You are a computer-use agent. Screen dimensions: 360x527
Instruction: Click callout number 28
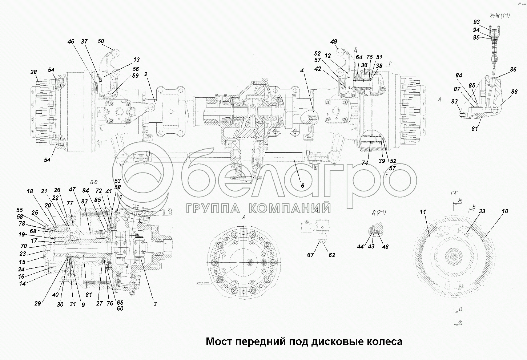34,72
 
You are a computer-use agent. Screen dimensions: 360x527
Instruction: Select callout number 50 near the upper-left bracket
101,41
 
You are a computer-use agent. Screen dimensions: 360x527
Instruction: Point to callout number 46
71,42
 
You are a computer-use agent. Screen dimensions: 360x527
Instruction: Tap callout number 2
146,74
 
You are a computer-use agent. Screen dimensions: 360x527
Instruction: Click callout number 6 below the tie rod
302,185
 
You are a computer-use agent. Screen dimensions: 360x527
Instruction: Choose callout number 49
334,42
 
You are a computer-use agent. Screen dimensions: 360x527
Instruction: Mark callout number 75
369,57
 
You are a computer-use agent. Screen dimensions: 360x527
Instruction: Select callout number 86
513,69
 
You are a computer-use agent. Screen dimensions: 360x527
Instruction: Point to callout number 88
514,92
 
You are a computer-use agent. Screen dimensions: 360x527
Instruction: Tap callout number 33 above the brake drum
482,211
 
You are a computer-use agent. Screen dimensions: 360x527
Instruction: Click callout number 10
505,211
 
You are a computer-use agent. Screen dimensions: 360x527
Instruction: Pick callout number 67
310,255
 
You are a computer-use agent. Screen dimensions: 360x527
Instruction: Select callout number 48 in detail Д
385,247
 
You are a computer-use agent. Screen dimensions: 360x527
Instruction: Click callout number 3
155,304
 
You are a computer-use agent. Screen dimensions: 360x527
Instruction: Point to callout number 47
72,189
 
